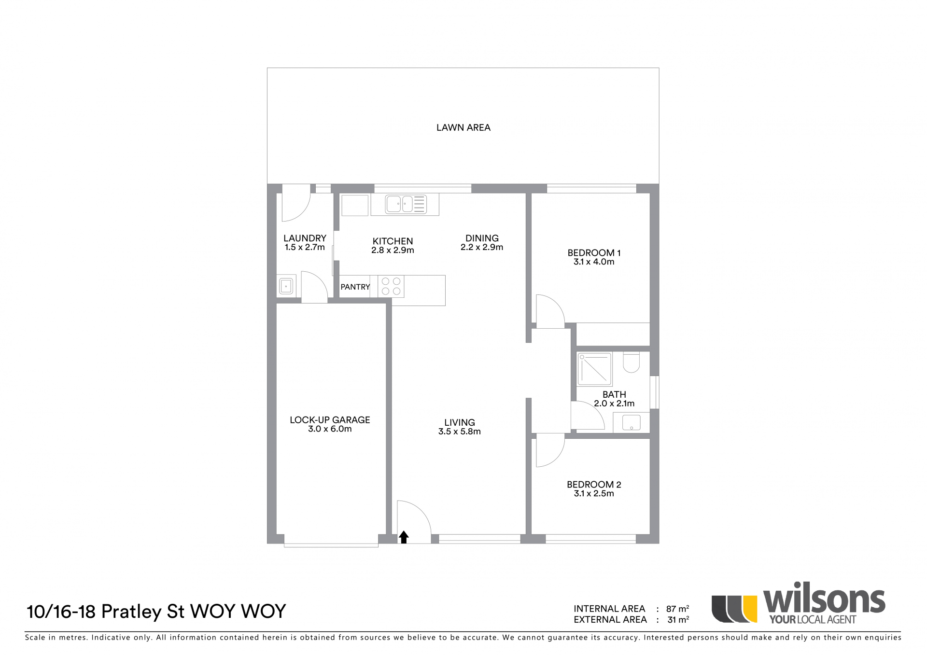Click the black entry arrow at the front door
[x=404, y=537]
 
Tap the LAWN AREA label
[x=463, y=127]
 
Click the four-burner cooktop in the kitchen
[x=391, y=286]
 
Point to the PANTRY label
[x=355, y=287]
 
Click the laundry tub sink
[x=286, y=286]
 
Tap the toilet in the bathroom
[x=631, y=362]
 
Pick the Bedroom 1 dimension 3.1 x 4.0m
[x=594, y=262]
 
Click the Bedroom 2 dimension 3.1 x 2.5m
[x=594, y=494]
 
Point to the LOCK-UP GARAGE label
[x=330, y=420]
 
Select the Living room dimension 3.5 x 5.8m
[x=460, y=432]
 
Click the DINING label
[x=482, y=238]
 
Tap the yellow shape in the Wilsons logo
[x=750, y=609]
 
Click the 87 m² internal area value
[x=677, y=609]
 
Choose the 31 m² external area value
[x=678, y=619]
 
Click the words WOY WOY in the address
[x=239, y=612]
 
